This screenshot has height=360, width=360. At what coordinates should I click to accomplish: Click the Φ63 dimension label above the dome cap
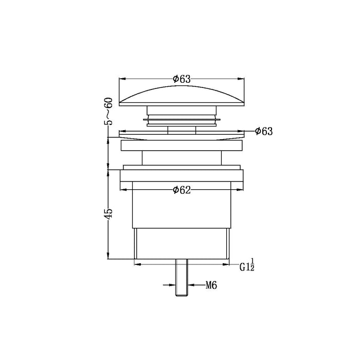[182, 79]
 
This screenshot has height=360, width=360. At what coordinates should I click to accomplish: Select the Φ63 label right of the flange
[264, 131]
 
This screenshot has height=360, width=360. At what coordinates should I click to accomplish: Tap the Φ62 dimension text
[182, 190]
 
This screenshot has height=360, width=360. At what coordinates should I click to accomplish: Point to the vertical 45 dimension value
[109, 213]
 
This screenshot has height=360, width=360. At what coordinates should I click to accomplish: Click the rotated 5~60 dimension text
[109, 112]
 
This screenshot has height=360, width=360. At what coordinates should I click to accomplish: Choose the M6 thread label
[211, 285]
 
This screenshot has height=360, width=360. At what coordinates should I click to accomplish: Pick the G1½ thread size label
[247, 265]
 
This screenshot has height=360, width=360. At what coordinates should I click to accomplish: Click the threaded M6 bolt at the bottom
[182, 278]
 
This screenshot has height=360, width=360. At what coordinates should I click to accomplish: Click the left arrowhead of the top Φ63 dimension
[122, 79]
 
